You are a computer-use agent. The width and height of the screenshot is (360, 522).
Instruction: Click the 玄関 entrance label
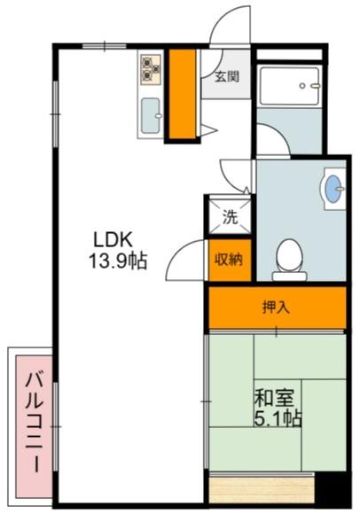[x=226, y=77]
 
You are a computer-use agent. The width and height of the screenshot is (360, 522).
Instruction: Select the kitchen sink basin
[x=150, y=115]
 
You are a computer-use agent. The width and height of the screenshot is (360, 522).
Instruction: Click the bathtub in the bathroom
[x=289, y=86]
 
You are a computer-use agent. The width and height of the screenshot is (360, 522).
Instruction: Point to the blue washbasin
[x=333, y=189]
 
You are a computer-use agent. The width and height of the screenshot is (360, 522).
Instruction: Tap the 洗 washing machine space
[x=230, y=217]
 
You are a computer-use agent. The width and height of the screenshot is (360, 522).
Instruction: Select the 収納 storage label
[x=229, y=260]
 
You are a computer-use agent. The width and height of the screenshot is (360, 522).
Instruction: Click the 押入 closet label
[x=276, y=308]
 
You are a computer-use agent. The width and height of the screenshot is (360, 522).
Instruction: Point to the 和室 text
[x=274, y=398]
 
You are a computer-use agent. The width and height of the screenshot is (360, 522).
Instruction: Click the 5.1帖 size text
[x=278, y=418]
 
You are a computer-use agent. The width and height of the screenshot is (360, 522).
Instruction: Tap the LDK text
[x=113, y=239]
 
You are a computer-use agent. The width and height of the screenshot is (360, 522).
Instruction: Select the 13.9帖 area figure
[x=118, y=261]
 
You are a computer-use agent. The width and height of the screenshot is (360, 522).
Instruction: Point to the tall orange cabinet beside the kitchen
[x=182, y=94]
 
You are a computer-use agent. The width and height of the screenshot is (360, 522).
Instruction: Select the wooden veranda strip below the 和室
[x=262, y=490]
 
